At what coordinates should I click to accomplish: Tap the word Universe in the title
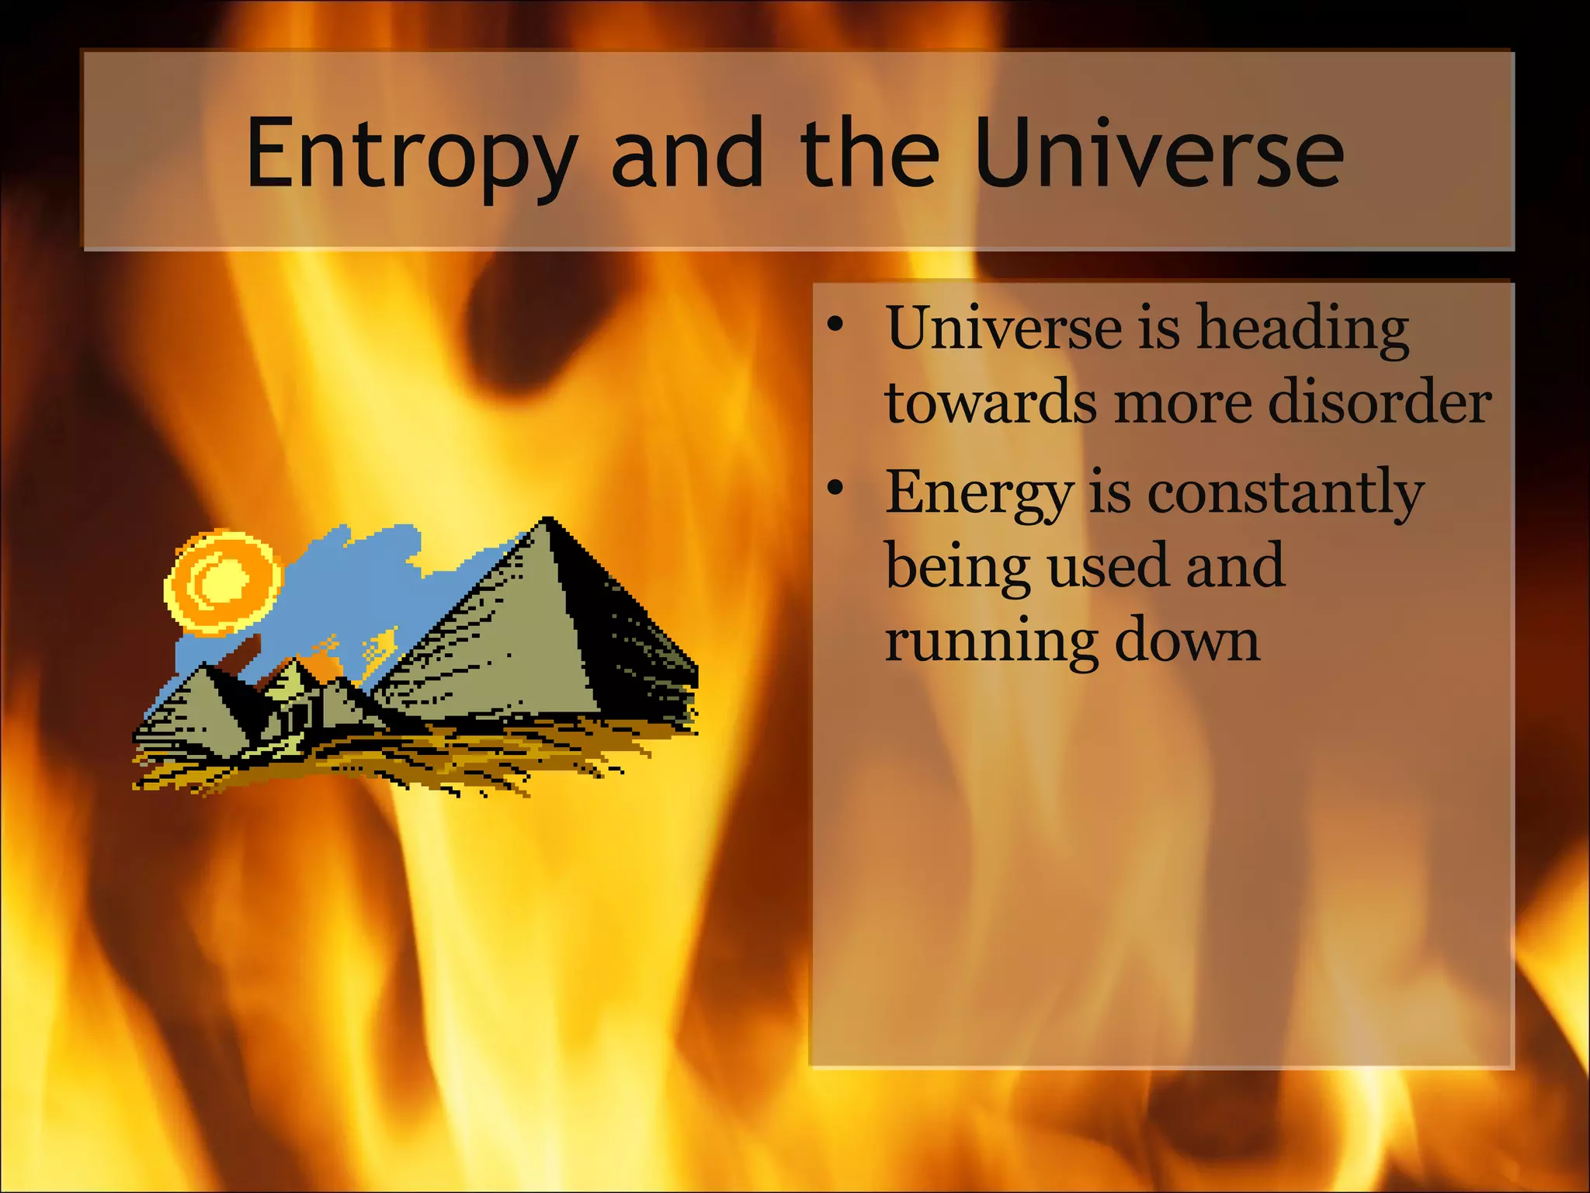1158,153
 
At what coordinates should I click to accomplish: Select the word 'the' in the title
870,153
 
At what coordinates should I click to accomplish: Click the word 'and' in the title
688,153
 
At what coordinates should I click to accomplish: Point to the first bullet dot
835,325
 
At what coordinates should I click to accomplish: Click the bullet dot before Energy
835,488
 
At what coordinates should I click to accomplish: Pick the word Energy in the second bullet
979,493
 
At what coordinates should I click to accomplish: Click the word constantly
1285,493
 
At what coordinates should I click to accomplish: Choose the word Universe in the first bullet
1004,328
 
